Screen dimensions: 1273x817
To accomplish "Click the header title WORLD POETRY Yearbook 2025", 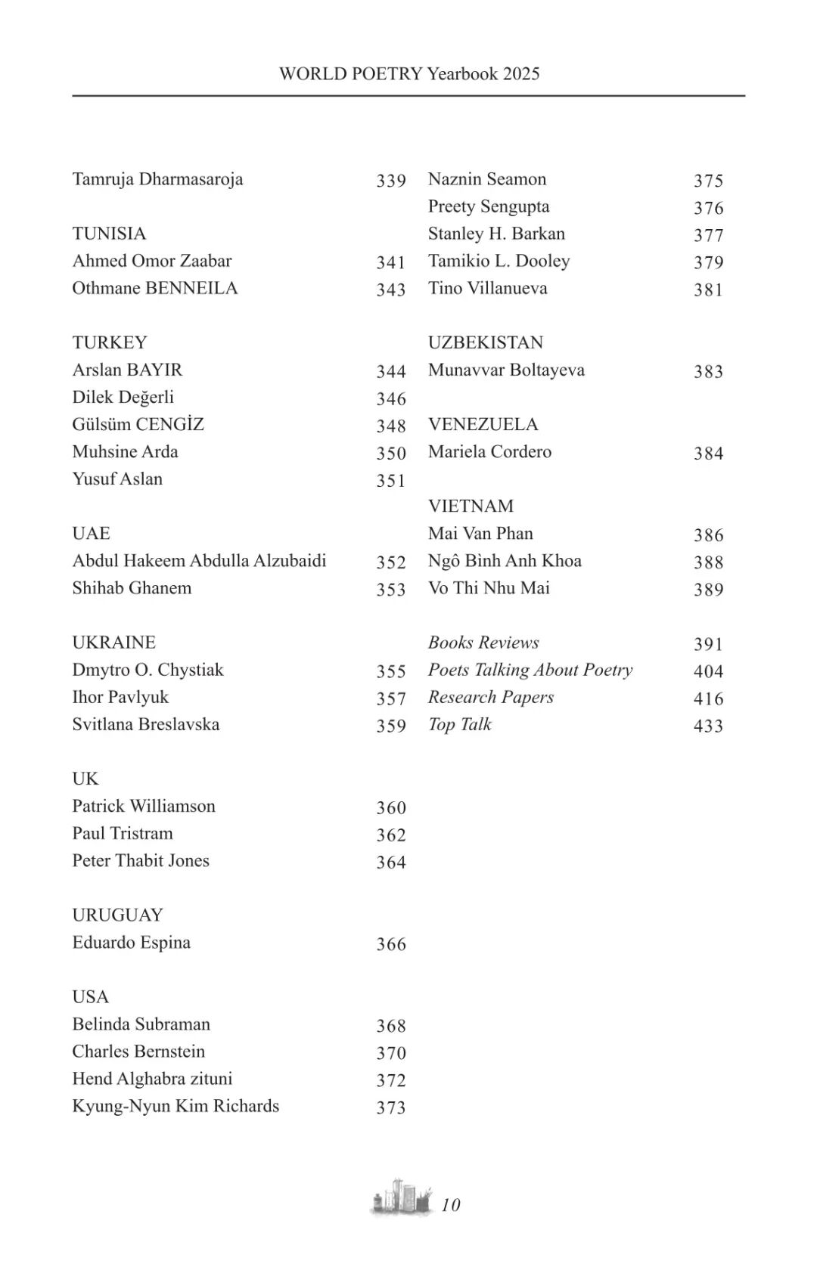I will pos(408,73).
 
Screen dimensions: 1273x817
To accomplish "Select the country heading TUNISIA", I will pos(109,234).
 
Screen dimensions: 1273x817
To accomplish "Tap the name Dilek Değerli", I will pos(123,397).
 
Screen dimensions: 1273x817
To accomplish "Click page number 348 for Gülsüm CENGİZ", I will pos(391,426).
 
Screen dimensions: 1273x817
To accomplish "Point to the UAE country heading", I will pos(91,533).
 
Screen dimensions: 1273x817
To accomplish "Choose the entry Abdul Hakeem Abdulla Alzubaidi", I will pos(199,560).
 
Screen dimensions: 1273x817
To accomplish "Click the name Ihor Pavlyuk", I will pos(120,696).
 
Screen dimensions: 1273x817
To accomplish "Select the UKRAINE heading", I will pos(113,642).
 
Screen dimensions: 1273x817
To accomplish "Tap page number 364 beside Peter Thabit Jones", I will pos(391,862).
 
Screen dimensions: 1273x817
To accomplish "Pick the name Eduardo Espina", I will pos(131,942).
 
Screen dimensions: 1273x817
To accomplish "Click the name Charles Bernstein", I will pos(138,1051).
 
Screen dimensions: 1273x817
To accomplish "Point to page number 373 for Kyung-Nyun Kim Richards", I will pos(391,1107).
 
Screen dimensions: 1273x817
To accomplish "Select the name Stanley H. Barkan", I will pos(496,234).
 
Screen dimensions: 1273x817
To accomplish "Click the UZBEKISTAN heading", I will pos(485,342).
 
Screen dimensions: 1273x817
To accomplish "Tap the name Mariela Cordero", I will pos(489,451).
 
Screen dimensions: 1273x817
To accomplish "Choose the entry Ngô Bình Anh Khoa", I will pos(505,560).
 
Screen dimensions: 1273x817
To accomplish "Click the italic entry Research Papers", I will pos(490,696).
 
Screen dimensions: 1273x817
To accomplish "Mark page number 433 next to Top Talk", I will pos(708,726).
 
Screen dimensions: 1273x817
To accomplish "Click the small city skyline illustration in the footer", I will pos(402,1197).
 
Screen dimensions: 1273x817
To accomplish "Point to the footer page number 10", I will pos(451,1205).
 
